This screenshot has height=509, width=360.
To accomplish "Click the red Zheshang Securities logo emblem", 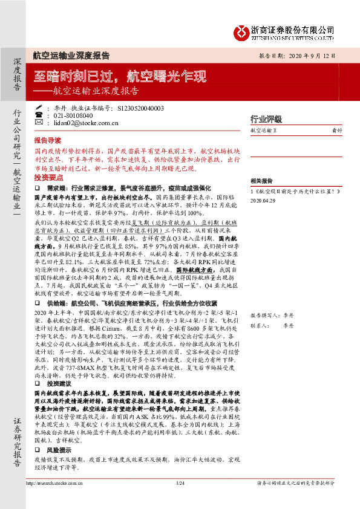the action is pyautogui.click(x=243, y=31).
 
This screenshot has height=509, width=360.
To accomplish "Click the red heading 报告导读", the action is pyautogui.click(x=48, y=138).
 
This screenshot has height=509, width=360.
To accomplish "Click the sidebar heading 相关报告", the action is pyautogui.click(x=262, y=181).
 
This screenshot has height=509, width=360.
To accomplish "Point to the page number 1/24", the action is pyautogui.click(x=180, y=483).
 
